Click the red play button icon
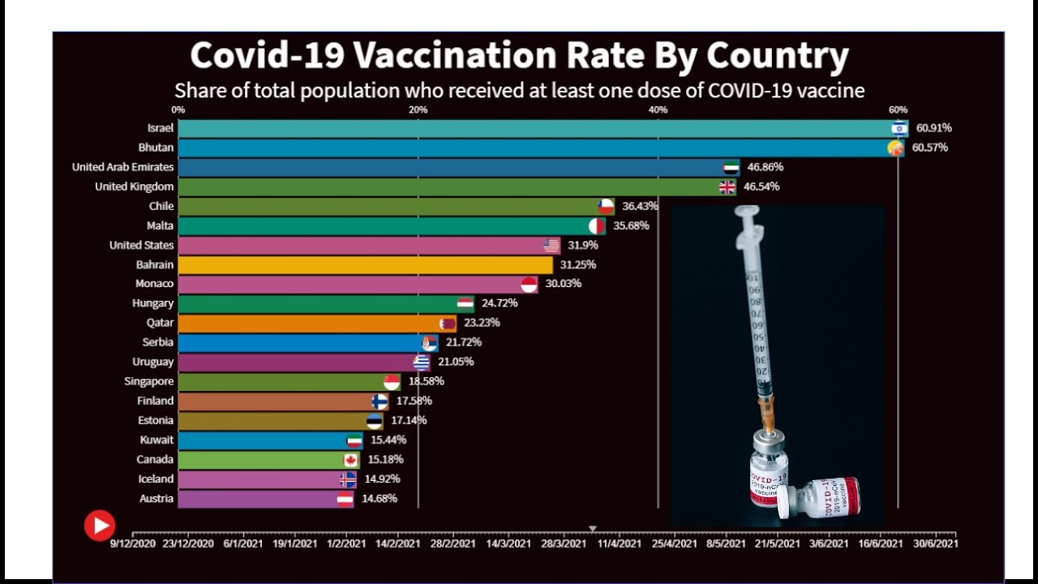[x=100, y=526]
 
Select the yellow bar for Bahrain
[x=365, y=264]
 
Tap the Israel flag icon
[x=899, y=128]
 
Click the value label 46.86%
[x=766, y=167]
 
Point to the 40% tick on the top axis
[x=658, y=109]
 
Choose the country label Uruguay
[x=153, y=362]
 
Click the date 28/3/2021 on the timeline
[x=563, y=543]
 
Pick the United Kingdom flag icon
[x=727, y=187]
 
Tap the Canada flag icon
[x=350, y=459]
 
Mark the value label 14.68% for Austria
[x=380, y=498]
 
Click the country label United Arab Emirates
[x=122, y=167]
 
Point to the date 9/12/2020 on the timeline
[x=133, y=543]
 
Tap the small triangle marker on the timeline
[x=593, y=529]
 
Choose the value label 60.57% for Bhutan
[x=929, y=148]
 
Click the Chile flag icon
[x=606, y=206]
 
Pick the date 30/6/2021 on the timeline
[x=935, y=543]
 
